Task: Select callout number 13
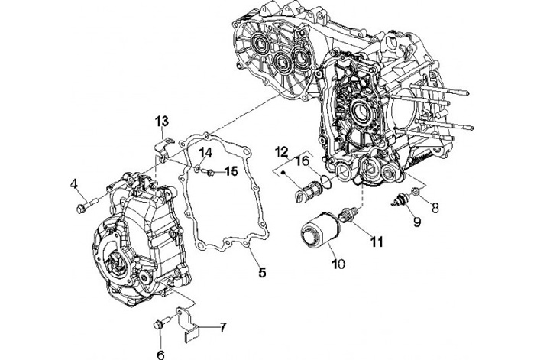[x=162, y=122]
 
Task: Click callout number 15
[x=230, y=171]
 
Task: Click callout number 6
[x=161, y=354]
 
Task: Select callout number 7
[x=221, y=328]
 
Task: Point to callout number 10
[x=338, y=264]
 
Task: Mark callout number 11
[x=375, y=242]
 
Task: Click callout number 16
[x=302, y=161]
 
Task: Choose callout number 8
[x=434, y=206]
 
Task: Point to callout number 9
[x=417, y=222]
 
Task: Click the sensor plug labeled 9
[x=398, y=201]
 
